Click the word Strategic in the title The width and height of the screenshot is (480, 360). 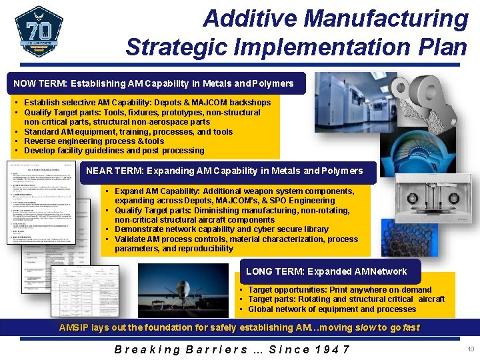point(170,47)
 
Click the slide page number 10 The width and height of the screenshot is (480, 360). point(470,349)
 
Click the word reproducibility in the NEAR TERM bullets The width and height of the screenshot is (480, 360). point(198,249)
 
